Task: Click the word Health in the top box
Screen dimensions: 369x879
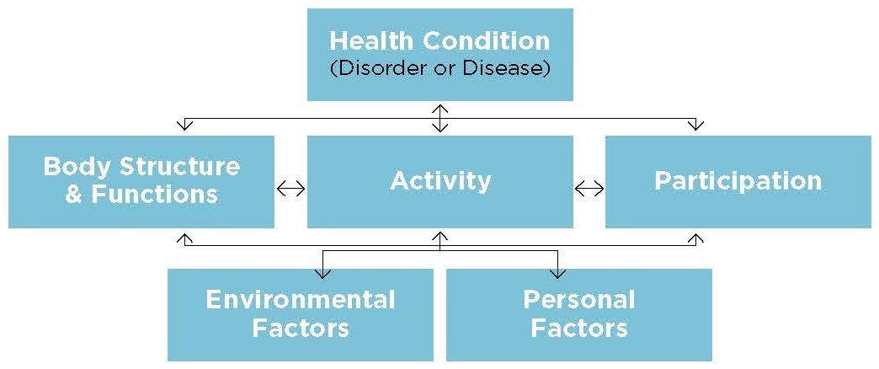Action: point(369,40)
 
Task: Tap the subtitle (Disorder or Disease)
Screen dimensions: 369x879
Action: point(439,68)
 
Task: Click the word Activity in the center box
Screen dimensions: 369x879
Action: point(440,180)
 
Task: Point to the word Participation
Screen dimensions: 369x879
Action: point(738,180)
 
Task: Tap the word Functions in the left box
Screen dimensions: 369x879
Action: point(154,195)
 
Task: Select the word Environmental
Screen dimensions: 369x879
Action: point(300,299)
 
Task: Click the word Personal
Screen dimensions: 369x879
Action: point(578,299)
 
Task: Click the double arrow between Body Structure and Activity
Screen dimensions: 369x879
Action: point(290,189)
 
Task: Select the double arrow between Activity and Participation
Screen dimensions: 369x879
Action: point(589,189)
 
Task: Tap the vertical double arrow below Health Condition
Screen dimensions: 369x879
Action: point(439,118)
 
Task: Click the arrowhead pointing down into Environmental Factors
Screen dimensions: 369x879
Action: point(322,273)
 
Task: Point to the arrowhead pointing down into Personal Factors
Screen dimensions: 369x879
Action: point(557,273)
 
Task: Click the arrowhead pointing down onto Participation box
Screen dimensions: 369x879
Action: point(695,126)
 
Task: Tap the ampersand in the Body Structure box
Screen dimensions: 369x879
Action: point(74,195)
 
